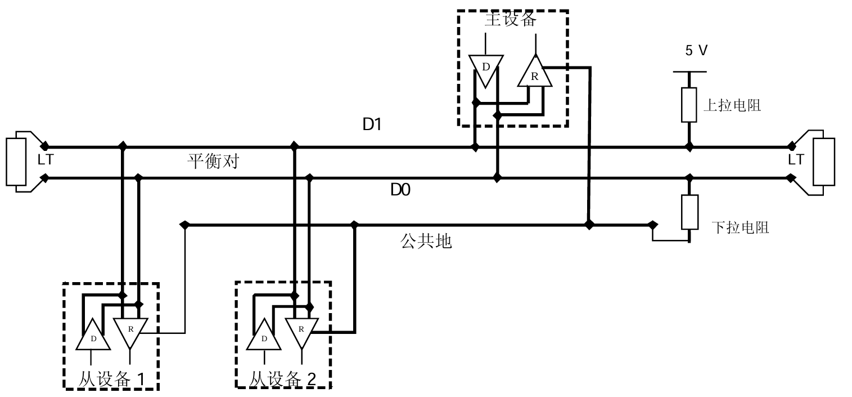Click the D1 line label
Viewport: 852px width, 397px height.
point(372,125)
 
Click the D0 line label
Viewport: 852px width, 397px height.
point(400,191)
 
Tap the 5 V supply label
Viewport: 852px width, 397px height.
point(696,51)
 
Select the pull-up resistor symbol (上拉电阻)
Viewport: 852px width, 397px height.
point(689,105)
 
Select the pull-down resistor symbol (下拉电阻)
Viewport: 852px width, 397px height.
point(689,212)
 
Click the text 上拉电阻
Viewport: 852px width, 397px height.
point(732,105)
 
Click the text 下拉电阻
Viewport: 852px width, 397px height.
point(740,228)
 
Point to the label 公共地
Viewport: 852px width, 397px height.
point(426,242)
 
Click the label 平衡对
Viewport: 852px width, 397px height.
point(213,162)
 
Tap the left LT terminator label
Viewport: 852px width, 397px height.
point(45,160)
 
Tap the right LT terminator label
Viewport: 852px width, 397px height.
point(796,160)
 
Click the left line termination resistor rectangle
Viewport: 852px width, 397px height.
point(15,161)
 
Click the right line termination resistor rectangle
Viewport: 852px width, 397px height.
point(827,161)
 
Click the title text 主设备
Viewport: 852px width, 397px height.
point(511,20)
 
